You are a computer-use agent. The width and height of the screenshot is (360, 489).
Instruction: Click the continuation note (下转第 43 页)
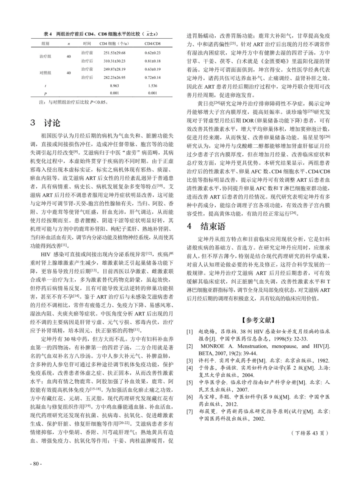(x=310, y=433)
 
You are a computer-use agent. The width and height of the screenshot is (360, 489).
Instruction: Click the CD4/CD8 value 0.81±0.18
(x=153, y=61)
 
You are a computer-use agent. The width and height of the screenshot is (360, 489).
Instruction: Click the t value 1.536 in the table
(x=153, y=86)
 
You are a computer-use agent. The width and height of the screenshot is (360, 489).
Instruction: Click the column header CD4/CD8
(x=153, y=44)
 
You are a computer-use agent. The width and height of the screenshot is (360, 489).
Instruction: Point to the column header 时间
(x=87, y=44)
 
